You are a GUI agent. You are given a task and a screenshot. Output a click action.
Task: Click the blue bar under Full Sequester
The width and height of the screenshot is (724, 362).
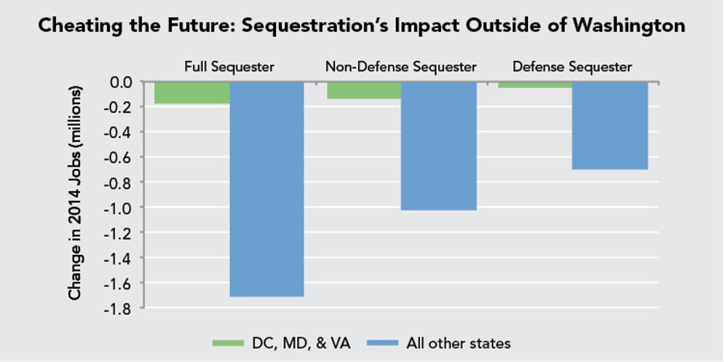[x=266, y=189]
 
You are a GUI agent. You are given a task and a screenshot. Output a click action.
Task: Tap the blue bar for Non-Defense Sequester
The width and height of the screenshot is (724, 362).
[x=438, y=146]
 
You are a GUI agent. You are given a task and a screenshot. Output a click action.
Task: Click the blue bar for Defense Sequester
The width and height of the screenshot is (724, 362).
[x=610, y=125]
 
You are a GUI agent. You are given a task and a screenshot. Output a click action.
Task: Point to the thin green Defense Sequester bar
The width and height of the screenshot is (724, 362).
[x=535, y=84]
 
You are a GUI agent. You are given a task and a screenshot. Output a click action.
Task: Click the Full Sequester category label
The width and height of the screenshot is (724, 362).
[x=229, y=67]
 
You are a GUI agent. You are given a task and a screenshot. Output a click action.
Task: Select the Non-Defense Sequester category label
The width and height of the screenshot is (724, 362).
[x=400, y=67]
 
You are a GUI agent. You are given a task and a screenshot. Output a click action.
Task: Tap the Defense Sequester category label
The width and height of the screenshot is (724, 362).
[x=572, y=67]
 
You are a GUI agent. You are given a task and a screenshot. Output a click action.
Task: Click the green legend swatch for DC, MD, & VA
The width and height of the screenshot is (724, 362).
[x=228, y=344]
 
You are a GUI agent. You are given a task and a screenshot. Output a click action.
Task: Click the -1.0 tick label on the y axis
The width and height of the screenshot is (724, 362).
[x=121, y=207]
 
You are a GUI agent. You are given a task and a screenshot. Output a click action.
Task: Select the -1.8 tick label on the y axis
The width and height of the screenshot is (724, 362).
[x=121, y=308]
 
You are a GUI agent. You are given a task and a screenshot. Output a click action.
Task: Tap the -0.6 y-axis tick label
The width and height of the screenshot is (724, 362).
[x=121, y=157]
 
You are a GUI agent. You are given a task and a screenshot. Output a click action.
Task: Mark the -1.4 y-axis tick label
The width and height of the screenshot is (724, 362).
[x=121, y=258]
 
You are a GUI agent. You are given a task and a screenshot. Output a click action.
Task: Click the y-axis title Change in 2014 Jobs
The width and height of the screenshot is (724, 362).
[x=75, y=193]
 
